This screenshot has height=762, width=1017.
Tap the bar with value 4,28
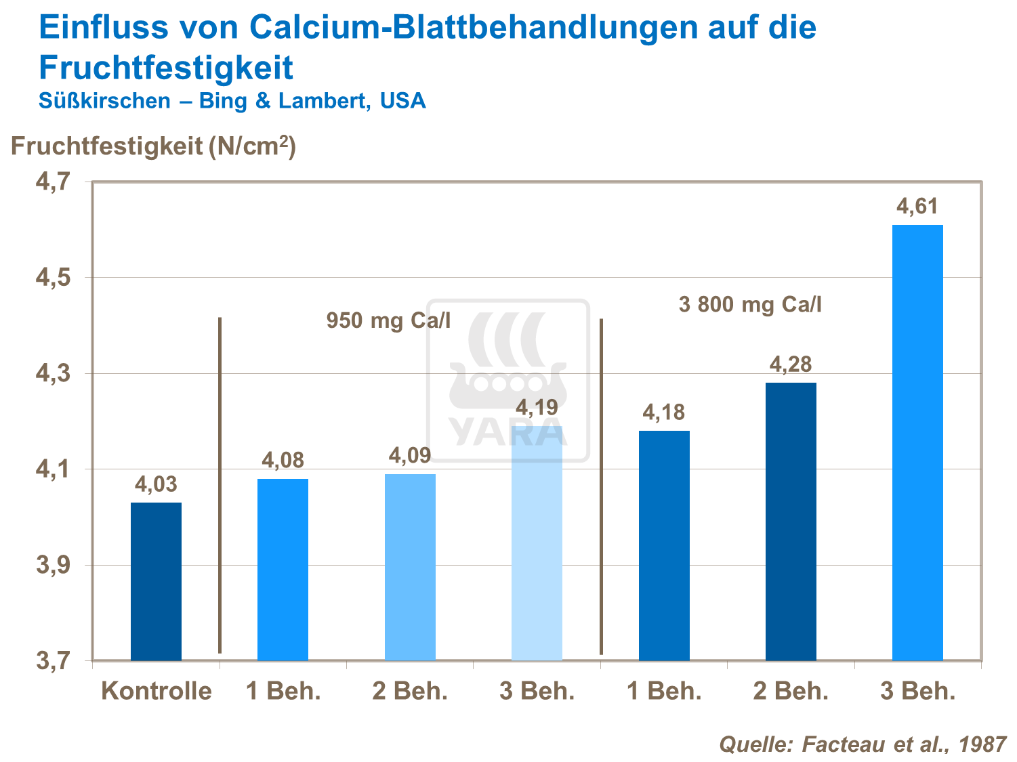(x=791, y=522)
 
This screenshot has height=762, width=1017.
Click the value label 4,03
(x=156, y=484)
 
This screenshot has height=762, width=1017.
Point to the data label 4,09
(x=410, y=455)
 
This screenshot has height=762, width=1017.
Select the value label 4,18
(x=664, y=412)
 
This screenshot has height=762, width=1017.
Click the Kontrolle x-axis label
(x=157, y=692)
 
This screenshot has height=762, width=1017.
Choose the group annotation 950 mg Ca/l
(x=388, y=320)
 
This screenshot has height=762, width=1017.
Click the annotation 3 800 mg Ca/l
(x=750, y=305)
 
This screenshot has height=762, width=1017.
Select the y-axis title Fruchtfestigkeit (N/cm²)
(x=153, y=146)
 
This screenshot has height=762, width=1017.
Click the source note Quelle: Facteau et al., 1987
(x=863, y=744)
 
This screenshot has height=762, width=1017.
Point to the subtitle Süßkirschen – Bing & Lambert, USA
(x=232, y=101)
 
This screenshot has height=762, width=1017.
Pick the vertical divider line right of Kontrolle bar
(x=220, y=485)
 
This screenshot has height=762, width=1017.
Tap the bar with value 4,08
(x=283, y=569)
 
